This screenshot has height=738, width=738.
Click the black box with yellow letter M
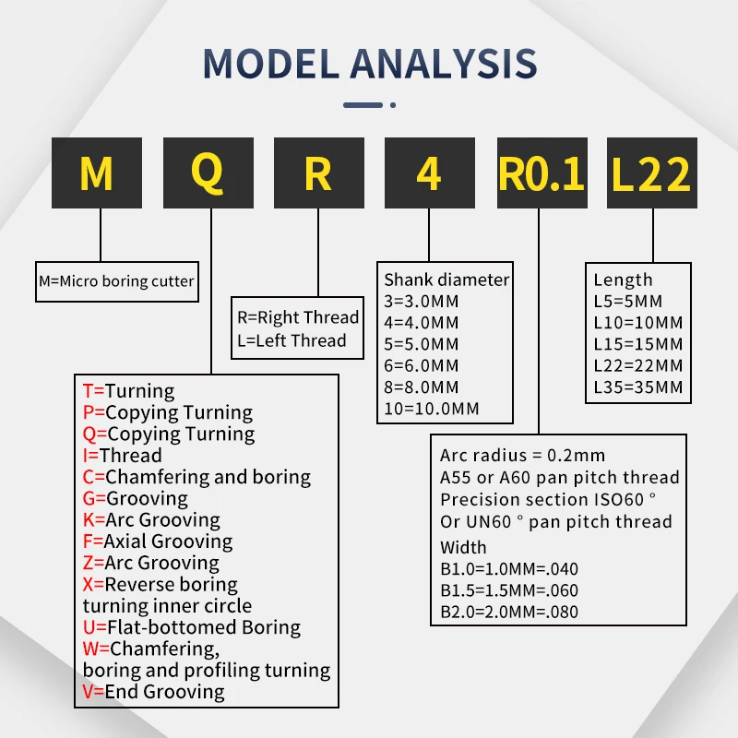coord(98,173)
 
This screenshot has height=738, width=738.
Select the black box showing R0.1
coord(542,173)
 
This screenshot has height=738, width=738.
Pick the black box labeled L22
coord(651,173)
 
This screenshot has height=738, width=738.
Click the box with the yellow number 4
coord(428,173)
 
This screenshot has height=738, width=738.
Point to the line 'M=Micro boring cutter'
coord(117,280)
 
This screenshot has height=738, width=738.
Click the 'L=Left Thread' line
coord(292,340)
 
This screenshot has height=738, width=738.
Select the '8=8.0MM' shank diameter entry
coord(422,387)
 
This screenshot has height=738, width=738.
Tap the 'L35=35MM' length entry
coord(638,387)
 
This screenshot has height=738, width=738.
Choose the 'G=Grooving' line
coord(135,498)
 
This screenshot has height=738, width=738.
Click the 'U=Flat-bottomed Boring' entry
coord(191,627)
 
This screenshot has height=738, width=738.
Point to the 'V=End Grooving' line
coord(153,691)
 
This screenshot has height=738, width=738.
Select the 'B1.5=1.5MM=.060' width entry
coord(509,590)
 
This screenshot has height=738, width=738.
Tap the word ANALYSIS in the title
coord(444,63)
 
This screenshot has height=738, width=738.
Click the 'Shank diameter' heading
coord(446,280)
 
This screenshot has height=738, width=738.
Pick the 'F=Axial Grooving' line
coord(157,542)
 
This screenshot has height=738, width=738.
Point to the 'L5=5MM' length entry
coord(628,301)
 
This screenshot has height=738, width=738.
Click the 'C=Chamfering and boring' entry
coord(196,477)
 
